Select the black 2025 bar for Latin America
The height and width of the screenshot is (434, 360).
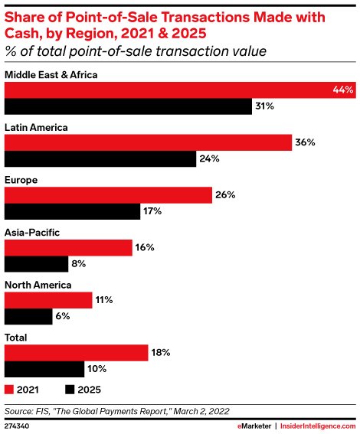tap(100, 159)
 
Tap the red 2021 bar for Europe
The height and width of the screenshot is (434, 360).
tap(108, 195)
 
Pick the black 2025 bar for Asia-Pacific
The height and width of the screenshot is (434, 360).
tap(37, 264)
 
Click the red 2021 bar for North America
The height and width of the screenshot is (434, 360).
tap(49, 300)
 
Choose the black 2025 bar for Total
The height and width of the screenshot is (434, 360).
tap(44, 369)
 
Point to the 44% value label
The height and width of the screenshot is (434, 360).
tap(342, 90)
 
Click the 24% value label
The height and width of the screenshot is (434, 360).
tap(210, 159)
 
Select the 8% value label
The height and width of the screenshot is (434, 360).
tap(78, 264)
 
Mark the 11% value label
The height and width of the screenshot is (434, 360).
tap(103, 300)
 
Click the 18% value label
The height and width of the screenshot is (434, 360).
tap(159, 353)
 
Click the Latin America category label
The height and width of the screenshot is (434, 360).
tap(36, 127)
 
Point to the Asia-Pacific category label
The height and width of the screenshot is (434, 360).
tap(32, 232)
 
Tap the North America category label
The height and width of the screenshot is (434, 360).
tap(38, 285)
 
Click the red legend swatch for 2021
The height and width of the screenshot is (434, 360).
tap(10, 388)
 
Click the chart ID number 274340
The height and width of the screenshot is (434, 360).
tap(20, 425)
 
